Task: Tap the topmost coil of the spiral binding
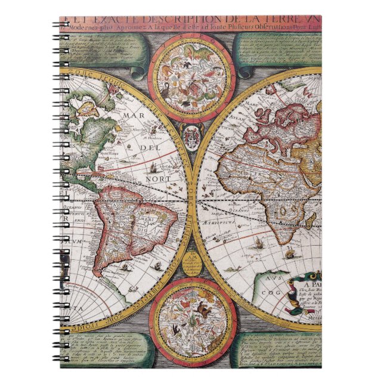(x=63, y=24)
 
